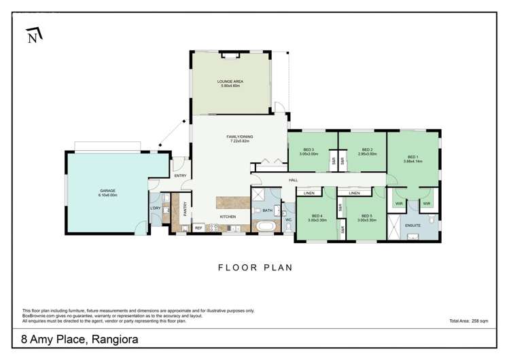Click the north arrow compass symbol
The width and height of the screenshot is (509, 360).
33,37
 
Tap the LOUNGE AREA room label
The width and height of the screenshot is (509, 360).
232,82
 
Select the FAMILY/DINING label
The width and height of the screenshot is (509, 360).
239,137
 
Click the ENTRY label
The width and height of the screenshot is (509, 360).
180,176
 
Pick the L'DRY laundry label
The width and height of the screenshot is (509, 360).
154,208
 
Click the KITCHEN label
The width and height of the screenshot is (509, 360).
227,217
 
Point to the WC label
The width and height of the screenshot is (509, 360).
288,219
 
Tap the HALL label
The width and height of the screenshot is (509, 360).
294,180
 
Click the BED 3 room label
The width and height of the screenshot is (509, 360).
309,149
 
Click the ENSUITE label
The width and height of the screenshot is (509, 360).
412,224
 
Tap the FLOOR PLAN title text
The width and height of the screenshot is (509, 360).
255,268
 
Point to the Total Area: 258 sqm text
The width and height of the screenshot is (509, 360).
468,320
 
